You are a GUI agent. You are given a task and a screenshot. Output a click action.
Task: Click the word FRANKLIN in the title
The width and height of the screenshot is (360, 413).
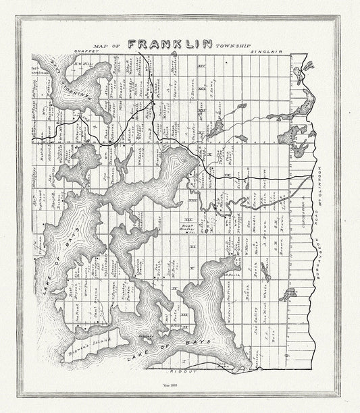tap(170, 44)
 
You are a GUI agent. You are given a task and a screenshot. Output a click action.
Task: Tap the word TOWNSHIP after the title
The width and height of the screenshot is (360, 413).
tap(234, 46)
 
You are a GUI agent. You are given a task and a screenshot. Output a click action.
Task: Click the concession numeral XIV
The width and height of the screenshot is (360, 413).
tap(201, 65)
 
